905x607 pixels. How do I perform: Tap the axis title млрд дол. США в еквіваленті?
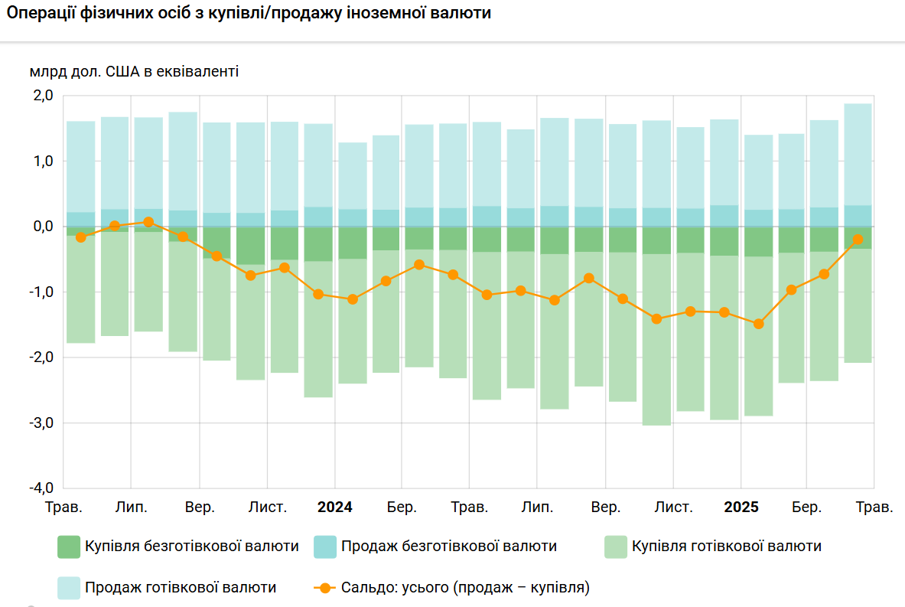tap(135, 72)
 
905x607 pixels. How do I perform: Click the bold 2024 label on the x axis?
tap(335, 507)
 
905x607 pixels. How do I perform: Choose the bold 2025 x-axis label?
tap(741, 507)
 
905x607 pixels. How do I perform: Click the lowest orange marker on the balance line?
tap(758, 324)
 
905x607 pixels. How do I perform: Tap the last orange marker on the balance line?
tap(858, 240)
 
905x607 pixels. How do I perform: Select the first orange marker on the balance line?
tap(81, 237)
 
